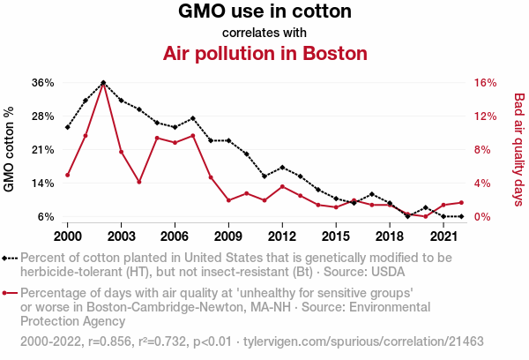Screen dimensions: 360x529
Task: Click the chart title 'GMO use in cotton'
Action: click(x=264, y=12)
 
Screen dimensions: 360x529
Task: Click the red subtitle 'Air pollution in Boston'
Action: click(x=264, y=53)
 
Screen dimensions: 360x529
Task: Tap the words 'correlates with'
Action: click(x=264, y=33)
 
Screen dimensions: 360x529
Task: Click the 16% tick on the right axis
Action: click(x=486, y=82)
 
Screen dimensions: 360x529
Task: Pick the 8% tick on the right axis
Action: click(x=483, y=149)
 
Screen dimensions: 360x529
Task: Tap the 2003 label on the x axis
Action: click(x=121, y=236)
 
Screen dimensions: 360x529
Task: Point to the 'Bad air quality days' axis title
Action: click(x=519, y=149)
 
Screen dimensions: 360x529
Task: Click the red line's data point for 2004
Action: click(x=139, y=182)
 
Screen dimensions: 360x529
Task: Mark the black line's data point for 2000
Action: click(x=68, y=127)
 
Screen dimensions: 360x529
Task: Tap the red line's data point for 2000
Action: click(x=68, y=175)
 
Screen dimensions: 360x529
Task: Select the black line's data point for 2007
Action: click(x=192, y=117)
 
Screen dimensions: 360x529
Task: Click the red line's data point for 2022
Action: click(x=461, y=203)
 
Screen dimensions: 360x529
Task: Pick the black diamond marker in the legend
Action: click(x=7, y=258)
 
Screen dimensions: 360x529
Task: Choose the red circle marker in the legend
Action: click(x=7, y=293)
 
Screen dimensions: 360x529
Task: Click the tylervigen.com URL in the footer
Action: click(x=363, y=341)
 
